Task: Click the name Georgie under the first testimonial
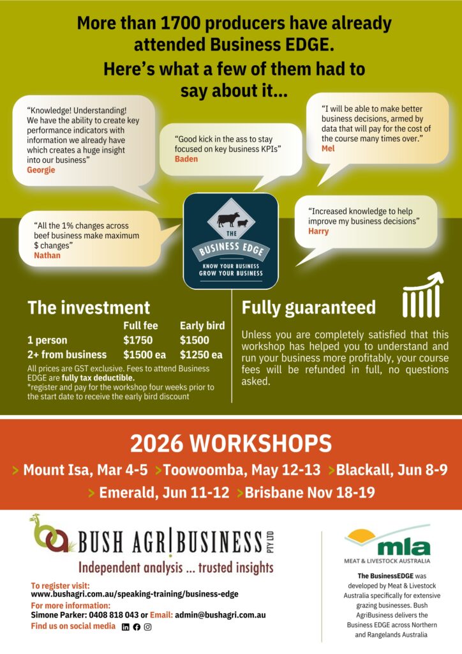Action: tap(41, 170)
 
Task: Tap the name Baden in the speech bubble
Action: tap(186, 159)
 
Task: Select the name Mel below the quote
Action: tap(328, 148)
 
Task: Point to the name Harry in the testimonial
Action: tap(318, 231)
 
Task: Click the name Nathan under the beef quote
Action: tap(47, 255)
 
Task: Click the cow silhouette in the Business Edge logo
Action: tap(227, 220)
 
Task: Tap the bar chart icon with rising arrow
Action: tap(423, 295)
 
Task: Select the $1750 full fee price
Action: tap(137, 340)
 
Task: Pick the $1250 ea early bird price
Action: tap(201, 354)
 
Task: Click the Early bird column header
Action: tap(202, 325)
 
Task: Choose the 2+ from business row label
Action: tap(67, 354)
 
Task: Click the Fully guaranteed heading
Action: tap(308, 308)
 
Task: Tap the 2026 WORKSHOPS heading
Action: tap(231, 443)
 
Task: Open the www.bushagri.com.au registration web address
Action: tap(135, 594)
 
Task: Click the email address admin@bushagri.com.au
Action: tap(220, 615)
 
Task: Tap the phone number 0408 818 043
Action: tap(111, 615)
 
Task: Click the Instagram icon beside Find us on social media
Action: tap(147, 627)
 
